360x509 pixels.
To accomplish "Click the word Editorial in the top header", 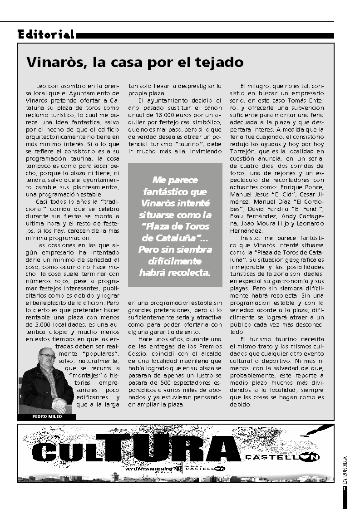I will [46, 34].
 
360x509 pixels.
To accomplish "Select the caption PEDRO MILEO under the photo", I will [47, 416].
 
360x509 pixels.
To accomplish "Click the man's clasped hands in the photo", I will [59, 403].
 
